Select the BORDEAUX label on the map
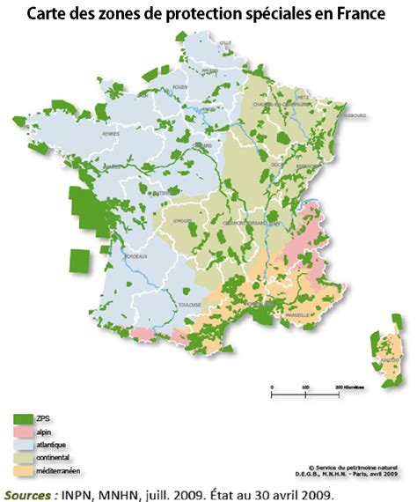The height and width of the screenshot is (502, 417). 135,256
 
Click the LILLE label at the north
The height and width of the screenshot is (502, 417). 225,41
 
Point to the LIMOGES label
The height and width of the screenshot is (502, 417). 184,221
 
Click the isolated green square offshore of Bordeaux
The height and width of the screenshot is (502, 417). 81,262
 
